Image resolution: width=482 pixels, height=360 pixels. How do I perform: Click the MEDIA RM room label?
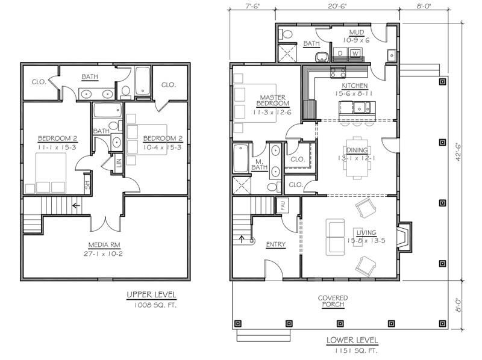(x=104, y=245)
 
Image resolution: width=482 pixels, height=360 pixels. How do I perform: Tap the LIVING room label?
(x=366, y=232)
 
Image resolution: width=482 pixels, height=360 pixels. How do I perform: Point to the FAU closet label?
(x=283, y=205)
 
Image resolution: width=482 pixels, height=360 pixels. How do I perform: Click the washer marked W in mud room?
(x=355, y=53)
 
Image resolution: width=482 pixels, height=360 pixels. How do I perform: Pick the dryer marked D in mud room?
(x=340, y=53)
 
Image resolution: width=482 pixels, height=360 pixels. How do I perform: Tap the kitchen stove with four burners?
(x=338, y=72)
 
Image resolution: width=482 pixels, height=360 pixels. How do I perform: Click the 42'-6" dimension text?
(x=458, y=152)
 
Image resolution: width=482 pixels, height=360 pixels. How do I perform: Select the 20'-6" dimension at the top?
(x=337, y=7)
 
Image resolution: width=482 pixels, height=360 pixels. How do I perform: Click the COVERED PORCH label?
(x=333, y=302)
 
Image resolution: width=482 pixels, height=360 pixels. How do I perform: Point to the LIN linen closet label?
(x=119, y=163)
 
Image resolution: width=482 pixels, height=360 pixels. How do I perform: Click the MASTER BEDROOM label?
(x=273, y=101)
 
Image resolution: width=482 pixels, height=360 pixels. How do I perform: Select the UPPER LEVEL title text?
(x=152, y=295)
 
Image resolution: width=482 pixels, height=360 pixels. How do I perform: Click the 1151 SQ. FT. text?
(x=356, y=350)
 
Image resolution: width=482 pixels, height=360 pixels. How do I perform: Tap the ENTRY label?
(x=276, y=244)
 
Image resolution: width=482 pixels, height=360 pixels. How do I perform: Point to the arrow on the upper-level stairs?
(x=76, y=205)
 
